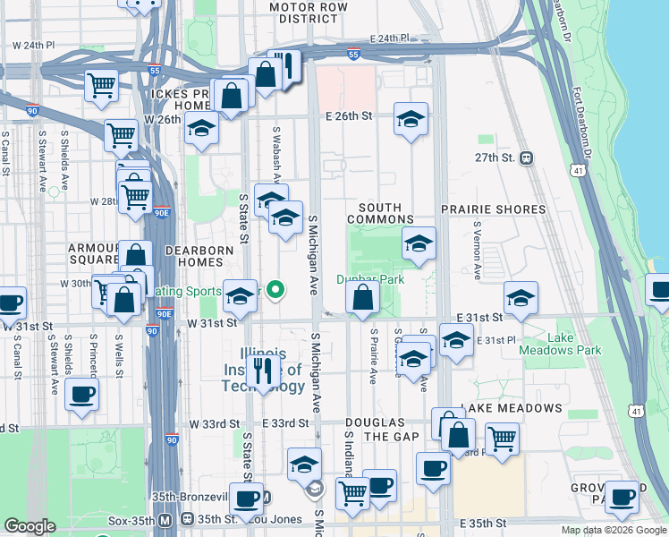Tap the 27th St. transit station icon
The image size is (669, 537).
(527, 158)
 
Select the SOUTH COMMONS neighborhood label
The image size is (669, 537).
(379, 213)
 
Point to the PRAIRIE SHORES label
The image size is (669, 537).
(493, 209)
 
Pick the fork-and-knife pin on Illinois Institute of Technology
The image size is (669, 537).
(263, 371)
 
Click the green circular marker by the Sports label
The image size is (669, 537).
(276, 289)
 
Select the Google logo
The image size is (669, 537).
(30, 526)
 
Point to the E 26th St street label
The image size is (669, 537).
(348, 116)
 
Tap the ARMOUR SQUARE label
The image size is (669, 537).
(95, 254)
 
